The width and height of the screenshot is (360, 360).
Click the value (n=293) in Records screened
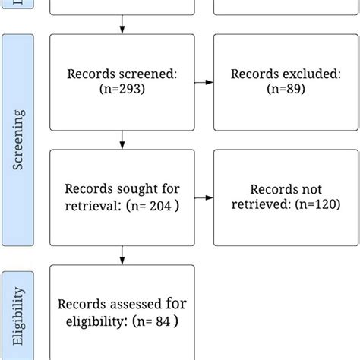(122, 89)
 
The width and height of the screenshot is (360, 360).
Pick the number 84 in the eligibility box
(160, 321)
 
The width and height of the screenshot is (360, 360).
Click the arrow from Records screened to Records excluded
(204, 82)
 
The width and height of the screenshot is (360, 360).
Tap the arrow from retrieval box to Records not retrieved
(204, 197)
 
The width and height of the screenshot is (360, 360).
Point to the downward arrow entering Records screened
(122, 29)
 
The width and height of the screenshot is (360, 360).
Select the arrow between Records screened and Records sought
(122, 139)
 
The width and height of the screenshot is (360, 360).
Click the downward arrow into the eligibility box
(122, 255)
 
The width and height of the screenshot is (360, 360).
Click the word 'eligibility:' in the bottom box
(93, 321)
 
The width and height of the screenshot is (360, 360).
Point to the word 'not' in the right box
(312, 189)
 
